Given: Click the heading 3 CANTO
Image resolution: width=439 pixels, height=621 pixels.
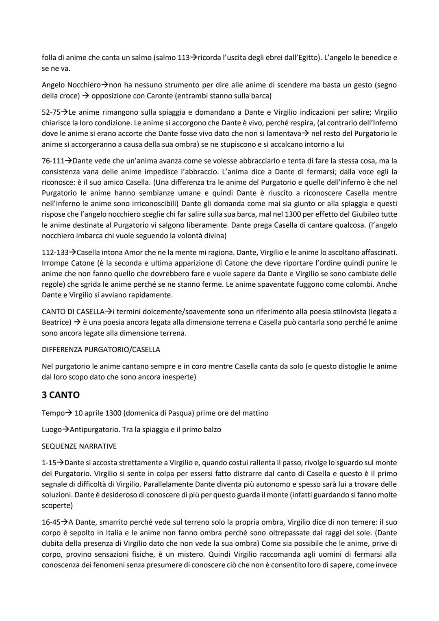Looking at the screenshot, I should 61,395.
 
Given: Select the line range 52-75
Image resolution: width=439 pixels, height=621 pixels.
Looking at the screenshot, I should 52,112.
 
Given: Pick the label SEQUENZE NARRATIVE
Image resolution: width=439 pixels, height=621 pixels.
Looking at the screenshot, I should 79,446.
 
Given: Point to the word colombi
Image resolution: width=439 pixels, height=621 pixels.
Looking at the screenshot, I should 359,284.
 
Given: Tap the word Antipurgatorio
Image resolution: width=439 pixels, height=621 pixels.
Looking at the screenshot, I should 94,429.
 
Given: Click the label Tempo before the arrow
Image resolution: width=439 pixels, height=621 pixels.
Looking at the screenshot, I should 53,413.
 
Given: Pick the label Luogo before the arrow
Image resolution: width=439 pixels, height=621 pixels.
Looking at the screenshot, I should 52,429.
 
